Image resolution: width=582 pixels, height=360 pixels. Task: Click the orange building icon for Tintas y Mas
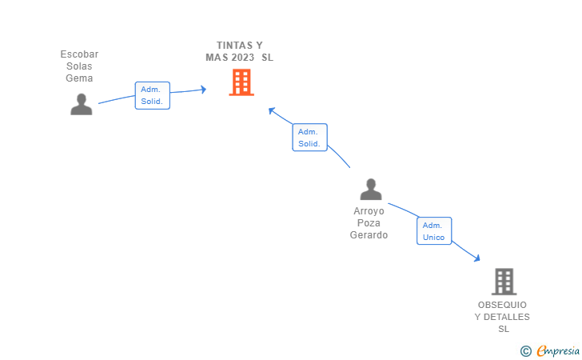(x=241, y=82)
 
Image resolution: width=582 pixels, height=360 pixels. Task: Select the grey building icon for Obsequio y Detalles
(x=504, y=282)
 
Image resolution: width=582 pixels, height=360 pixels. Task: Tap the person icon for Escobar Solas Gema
(x=81, y=105)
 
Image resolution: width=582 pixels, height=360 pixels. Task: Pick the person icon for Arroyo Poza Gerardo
(x=370, y=190)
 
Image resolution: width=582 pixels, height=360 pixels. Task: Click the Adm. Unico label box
(x=434, y=231)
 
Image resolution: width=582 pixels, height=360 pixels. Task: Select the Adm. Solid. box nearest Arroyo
(x=309, y=138)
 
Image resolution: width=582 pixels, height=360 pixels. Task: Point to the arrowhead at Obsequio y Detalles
(x=476, y=258)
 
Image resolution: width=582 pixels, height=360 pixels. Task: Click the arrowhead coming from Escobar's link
(x=202, y=90)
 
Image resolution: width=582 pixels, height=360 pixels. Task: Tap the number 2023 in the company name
(x=242, y=58)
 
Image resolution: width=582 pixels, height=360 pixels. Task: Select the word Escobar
(x=79, y=54)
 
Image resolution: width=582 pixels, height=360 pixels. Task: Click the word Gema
(x=79, y=78)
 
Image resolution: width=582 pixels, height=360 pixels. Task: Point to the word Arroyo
(x=369, y=211)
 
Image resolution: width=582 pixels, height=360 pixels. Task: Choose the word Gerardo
(x=369, y=235)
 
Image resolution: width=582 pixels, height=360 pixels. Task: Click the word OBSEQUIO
(x=502, y=305)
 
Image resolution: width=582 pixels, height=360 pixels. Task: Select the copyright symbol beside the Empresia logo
(x=525, y=350)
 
